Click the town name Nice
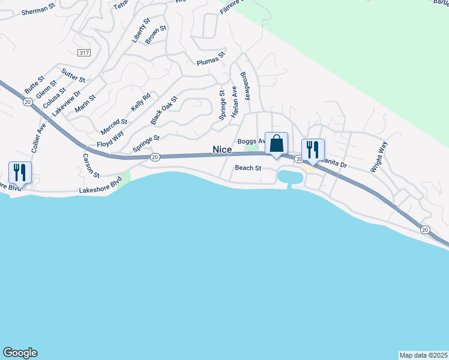click(221, 149)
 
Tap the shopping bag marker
click(276, 144)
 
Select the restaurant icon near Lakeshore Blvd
click(20, 172)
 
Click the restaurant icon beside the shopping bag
click(312, 149)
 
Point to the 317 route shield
click(84, 53)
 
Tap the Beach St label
click(248, 168)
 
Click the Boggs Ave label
click(250, 142)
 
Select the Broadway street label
click(246, 86)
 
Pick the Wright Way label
click(379, 157)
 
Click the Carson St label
click(91, 166)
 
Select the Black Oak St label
click(164, 110)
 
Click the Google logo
click(20, 353)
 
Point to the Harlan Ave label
click(234, 100)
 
